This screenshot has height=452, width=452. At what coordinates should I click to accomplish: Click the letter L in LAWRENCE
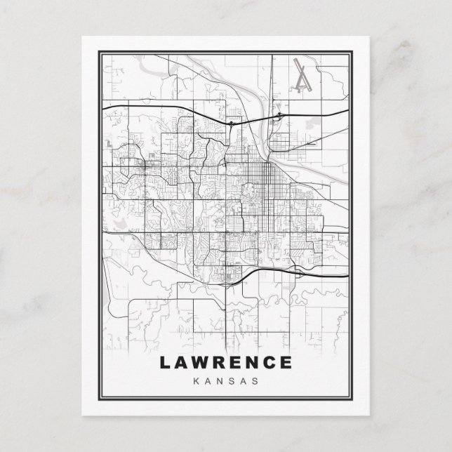pos(166,363)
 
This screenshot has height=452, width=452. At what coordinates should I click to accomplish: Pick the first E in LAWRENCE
pos(241,363)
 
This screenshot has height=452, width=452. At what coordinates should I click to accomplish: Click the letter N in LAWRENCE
pos(258,363)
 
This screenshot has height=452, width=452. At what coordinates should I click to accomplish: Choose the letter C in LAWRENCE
pos(276,363)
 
